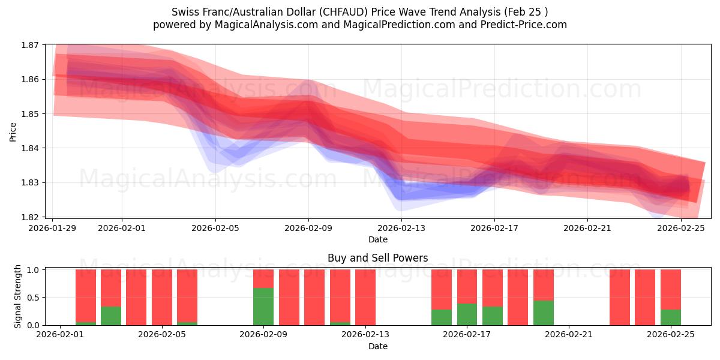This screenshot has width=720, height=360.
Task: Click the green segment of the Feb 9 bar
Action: [x=263, y=307]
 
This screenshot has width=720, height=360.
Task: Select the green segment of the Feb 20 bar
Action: [x=544, y=313]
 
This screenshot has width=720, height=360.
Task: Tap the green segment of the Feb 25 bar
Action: [x=671, y=317]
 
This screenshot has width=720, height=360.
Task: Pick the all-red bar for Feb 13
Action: [x=365, y=297]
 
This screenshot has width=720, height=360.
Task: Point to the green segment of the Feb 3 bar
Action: [x=111, y=316]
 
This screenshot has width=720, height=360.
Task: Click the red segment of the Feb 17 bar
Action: [x=493, y=288]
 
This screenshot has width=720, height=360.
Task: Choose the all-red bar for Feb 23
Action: [x=620, y=297]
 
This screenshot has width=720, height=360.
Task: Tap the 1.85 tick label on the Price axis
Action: [x=31, y=114]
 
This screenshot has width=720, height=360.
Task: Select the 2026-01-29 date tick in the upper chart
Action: [x=53, y=228]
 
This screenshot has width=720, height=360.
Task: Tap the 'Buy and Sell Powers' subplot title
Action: [x=378, y=259]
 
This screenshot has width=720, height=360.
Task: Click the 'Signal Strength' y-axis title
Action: [x=18, y=297]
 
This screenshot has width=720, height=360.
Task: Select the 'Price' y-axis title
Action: [x=13, y=131]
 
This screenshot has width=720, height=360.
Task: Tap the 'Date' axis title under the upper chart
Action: [x=378, y=239]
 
